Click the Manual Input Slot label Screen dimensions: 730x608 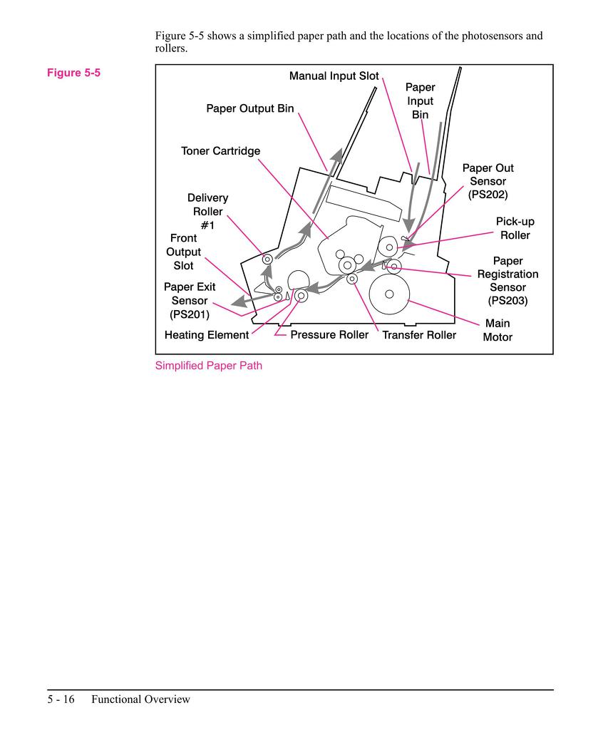334,76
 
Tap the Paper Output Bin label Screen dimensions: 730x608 249,109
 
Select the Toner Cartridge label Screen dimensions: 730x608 220,151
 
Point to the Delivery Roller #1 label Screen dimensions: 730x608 208,211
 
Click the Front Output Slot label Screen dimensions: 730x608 184,252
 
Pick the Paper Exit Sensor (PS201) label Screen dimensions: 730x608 190,300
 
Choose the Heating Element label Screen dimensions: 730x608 207,335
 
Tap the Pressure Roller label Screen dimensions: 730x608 329,335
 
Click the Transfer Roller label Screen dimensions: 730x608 419,335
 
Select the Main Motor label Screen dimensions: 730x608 498,330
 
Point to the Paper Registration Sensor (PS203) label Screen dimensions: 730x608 507,281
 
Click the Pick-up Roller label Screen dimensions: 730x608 515,228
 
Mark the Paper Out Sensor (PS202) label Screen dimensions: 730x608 488,181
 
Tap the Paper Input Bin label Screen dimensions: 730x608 420,101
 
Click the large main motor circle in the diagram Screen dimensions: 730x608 389,294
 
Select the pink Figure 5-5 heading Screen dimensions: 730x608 73,73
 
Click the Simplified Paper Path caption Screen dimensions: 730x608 209,366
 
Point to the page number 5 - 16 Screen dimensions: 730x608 61,699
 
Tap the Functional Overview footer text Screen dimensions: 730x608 140,699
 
